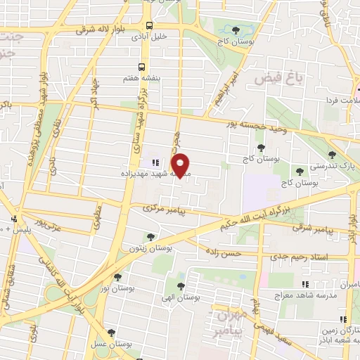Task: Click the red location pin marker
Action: tap(181, 165)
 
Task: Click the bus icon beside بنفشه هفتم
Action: tap(141, 67)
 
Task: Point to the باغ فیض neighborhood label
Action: tap(288, 77)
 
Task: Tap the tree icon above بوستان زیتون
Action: tap(150, 237)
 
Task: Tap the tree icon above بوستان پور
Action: tap(117, 278)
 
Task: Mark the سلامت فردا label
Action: tap(338, 101)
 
